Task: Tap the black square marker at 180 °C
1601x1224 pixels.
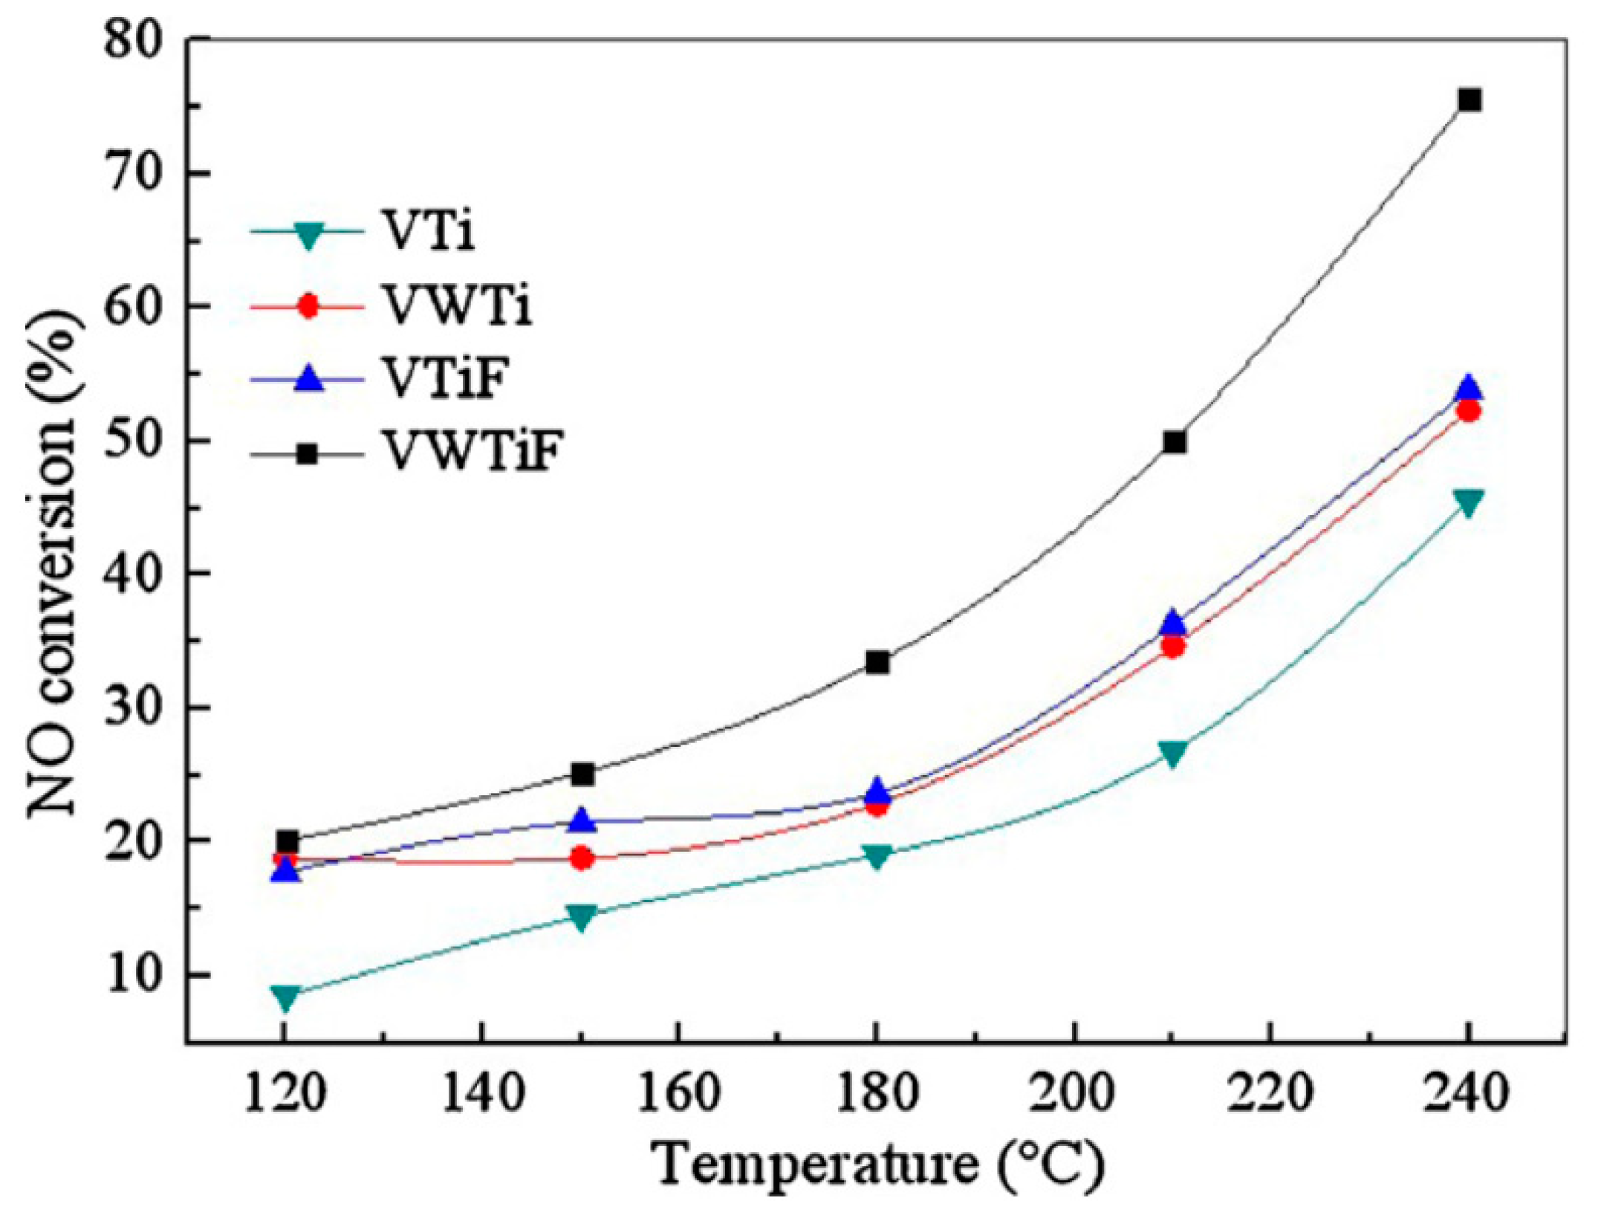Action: coord(877,662)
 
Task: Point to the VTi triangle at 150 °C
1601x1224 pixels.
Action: coord(582,916)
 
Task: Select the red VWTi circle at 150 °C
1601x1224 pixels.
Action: coord(582,858)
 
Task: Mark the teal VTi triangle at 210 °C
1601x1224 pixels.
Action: coord(1173,754)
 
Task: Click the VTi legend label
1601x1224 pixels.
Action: coord(429,231)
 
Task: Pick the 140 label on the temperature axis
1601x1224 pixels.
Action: coord(482,1094)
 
